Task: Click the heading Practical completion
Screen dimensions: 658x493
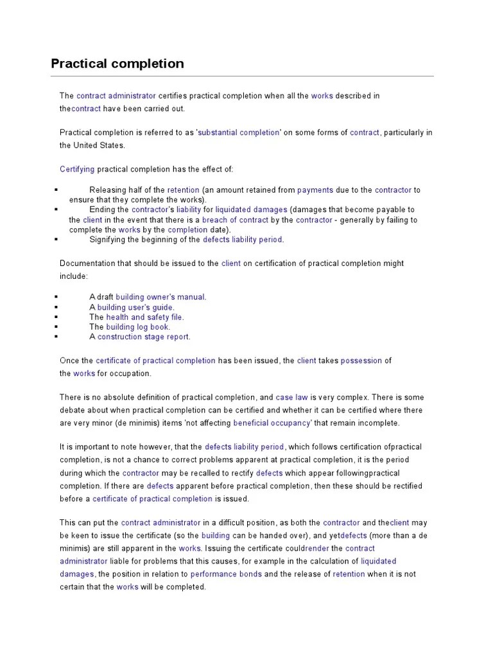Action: [x=117, y=64]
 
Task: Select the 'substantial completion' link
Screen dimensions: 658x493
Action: [x=239, y=132]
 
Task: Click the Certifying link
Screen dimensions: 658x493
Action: [x=77, y=169]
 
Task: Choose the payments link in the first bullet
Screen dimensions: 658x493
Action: [x=315, y=190]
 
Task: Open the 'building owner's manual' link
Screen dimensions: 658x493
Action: [x=160, y=297]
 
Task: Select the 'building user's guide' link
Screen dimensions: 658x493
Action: [x=135, y=307]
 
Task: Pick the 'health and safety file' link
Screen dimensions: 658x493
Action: [x=145, y=317]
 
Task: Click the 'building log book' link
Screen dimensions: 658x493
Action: [x=138, y=326]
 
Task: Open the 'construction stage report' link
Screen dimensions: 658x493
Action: [x=144, y=337]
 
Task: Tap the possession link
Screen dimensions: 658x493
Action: [x=361, y=360]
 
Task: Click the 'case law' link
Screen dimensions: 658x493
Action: [x=292, y=397]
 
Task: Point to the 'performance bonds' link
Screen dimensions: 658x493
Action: [x=226, y=574]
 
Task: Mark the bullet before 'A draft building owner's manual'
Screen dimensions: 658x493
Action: [x=56, y=298]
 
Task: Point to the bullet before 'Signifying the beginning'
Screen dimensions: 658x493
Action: [x=56, y=240]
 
